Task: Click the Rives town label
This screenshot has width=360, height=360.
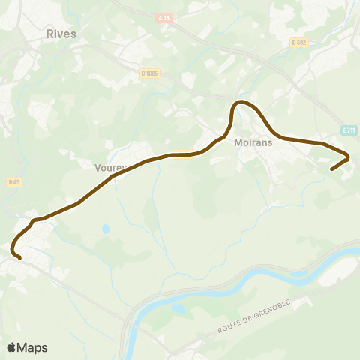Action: click(61, 34)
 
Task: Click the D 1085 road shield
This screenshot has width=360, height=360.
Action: click(150, 73)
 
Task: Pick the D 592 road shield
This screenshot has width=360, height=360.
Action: click(300, 43)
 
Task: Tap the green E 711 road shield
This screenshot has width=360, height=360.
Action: click(348, 130)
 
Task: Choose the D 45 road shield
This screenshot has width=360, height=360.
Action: click(13, 182)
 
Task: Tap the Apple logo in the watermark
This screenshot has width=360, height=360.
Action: click(11, 347)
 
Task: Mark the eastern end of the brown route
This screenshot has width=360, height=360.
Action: click(331, 169)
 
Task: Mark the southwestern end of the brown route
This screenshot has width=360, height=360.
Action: click(19, 259)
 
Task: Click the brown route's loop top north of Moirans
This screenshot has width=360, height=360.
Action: click(241, 101)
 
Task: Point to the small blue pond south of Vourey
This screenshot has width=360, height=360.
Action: click(106, 228)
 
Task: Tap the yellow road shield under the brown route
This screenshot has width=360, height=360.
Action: click(181, 154)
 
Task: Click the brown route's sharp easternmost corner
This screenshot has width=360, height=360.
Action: click(349, 157)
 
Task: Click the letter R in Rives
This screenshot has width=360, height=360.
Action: click(49, 34)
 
